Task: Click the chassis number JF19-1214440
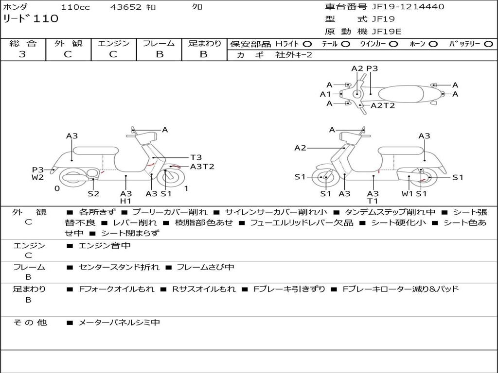click(408, 7)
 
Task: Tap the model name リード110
click(31, 18)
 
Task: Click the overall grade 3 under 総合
click(22, 54)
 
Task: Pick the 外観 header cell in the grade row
click(68, 43)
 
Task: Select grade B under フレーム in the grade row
click(160, 54)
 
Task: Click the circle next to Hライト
click(307, 44)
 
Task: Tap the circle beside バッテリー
click(488, 44)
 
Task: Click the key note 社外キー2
click(294, 55)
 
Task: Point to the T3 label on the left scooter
click(196, 157)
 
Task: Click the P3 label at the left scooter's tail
click(37, 170)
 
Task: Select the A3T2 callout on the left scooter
click(202, 167)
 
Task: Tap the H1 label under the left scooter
click(126, 201)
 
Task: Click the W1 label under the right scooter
click(407, 193)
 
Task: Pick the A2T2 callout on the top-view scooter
click(383, 105)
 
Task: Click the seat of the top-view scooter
click(401, 94)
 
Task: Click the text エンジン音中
click(104, 245)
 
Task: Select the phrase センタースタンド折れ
click(119, 267)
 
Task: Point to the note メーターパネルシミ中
click(119, 322)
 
